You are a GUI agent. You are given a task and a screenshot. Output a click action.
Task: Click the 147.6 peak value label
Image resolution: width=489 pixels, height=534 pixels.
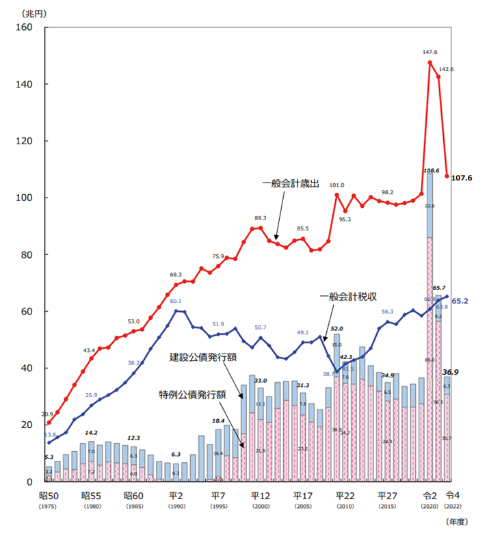click(x=429, y=51)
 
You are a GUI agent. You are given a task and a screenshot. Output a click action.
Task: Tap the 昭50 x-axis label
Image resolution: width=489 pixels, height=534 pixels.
click(x=49, y=496)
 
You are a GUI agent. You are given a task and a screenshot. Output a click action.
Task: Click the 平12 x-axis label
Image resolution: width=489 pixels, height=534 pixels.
click(x=259, y=496)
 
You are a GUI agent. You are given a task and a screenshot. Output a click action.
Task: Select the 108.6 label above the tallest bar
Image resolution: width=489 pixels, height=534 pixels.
click(x=431, y=170)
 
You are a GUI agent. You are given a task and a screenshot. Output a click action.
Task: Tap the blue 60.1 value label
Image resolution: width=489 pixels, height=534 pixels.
click(x=176, y=301)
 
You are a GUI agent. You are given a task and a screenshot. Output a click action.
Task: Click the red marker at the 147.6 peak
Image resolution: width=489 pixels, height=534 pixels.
click(x=430, y=62)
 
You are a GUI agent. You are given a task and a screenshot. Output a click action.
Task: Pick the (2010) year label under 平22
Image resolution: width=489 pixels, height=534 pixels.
click(x=344, y=507)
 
